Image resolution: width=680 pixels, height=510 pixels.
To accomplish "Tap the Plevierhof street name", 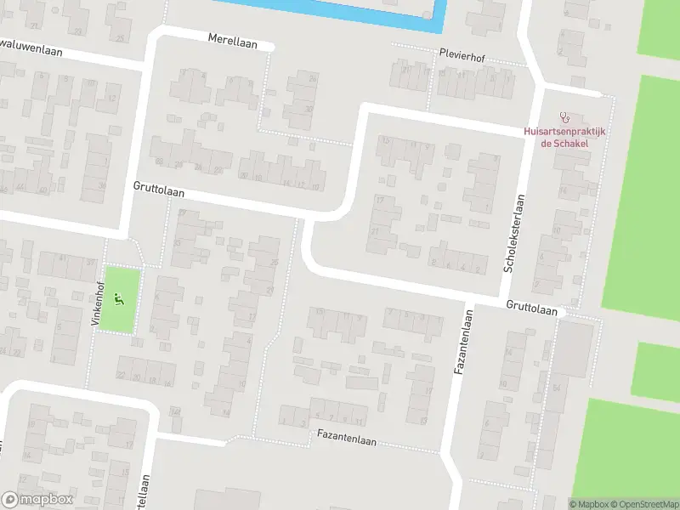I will pyautogui.click(x=462, y=53).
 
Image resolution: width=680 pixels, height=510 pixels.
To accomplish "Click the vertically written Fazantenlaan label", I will pyautogui.click(x=466, y=343).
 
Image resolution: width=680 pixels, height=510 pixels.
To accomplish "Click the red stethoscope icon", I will pyautogui.click(x=564, y=116).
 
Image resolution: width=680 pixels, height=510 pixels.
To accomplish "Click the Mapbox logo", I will pyautogui.click(x=37, y=499).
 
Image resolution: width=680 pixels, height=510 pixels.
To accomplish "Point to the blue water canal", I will pyautogui.click(x=340, y=8).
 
